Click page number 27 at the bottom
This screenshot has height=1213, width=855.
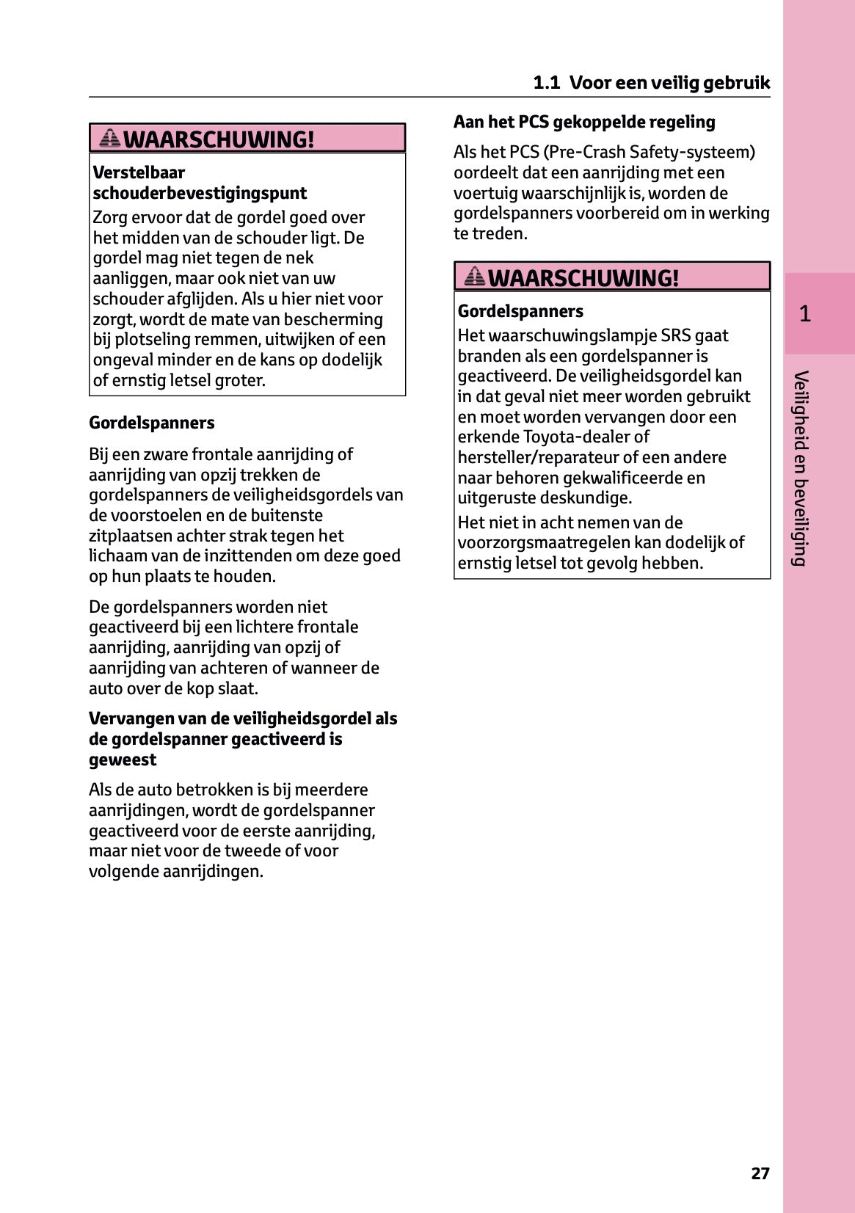click(x=760, y=1173)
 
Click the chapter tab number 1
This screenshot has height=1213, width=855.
click(x=805, y=314)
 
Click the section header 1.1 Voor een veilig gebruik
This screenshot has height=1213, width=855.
click(x=651, y=82)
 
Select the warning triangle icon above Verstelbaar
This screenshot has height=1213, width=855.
click(x=110, y=137)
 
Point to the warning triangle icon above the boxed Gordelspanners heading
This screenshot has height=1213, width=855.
click(x=475, y=276)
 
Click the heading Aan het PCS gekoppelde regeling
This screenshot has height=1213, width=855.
click(x=584, y=122)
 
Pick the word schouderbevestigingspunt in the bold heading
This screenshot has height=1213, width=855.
click(x=200, y=193)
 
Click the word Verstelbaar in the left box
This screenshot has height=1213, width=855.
click(x=139, y=172)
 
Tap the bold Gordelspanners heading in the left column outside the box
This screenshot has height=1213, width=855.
click(x=152, y=423)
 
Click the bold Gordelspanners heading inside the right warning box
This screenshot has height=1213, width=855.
click(x=520, y=311)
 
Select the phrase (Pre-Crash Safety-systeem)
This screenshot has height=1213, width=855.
click(x=649, y=152)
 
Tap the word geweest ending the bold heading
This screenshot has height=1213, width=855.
click(x=123, y=760)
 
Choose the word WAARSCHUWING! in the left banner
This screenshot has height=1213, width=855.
click(x=219, y=139)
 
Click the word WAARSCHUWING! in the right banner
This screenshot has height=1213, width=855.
click(x=583, y=278)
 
